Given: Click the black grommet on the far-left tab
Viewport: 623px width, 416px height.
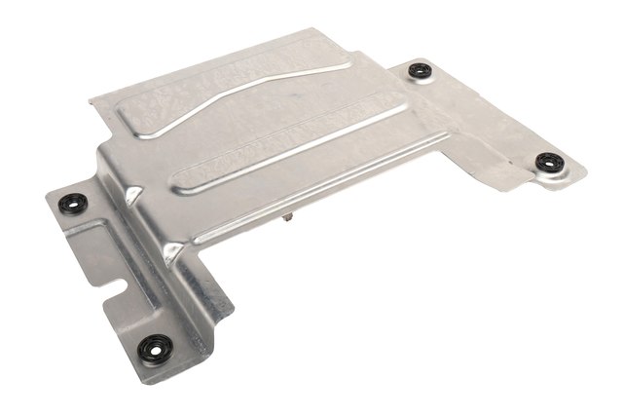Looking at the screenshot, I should (73, 204).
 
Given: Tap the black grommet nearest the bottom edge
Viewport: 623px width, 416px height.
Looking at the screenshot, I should (156, 348).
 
